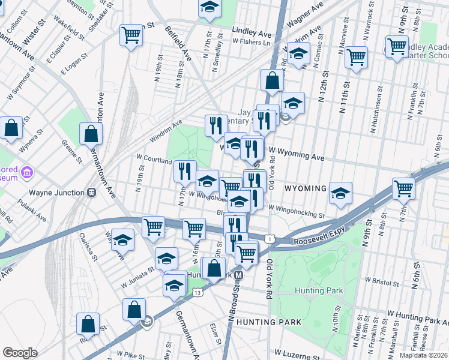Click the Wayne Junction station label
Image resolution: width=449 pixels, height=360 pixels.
click(x=58, y=193)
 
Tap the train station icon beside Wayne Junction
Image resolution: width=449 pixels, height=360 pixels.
click(x=92, y=193)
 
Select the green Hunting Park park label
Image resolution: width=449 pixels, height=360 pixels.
click(x=318, y=291)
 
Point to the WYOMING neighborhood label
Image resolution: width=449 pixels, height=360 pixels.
click(x=306, y=188)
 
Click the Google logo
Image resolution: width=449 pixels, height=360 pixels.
click(x=20, y=353)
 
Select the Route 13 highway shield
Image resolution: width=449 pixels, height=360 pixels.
click(x=197, y=292)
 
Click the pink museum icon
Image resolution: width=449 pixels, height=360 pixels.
click(x=26, y=173)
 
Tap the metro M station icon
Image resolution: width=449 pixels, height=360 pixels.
click(x=238, y=275)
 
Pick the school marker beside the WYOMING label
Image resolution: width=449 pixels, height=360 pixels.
click(x=340, y=193)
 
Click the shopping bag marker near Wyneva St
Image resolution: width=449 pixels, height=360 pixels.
click(x=11, y=128)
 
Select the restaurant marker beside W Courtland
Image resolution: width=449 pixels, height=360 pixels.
click(x=185, y=170)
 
